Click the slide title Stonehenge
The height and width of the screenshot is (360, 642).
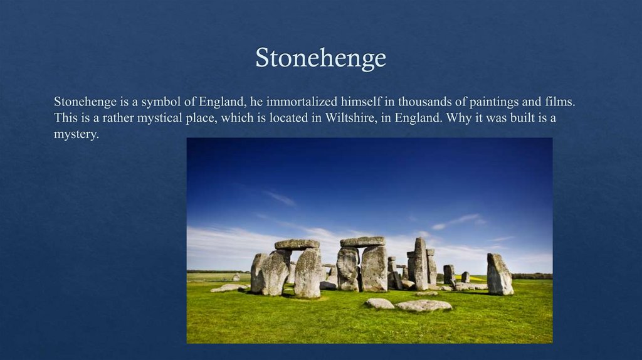coord(320,58)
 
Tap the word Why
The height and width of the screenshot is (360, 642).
coord(458,118)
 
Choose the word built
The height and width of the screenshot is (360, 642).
coord(518,118)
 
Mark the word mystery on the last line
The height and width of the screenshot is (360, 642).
coord(76,135)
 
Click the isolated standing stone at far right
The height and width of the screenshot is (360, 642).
coord(500,274)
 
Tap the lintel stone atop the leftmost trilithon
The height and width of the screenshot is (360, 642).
coord(297,244)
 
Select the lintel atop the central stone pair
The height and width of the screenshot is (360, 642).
coord(362,241)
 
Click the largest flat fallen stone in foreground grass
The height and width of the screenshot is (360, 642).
coord(424,305)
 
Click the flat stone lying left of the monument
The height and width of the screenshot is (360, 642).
coord(229,288)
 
